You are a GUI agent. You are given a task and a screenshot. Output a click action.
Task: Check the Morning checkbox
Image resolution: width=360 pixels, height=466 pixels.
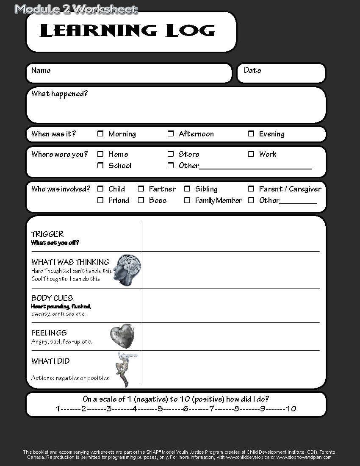100,134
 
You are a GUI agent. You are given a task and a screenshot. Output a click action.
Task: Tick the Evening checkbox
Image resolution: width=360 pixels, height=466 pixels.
251,134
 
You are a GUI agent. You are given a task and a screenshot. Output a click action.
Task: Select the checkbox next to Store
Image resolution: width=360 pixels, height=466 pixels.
171,154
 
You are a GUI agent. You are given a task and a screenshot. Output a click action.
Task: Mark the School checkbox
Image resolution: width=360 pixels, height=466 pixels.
100,166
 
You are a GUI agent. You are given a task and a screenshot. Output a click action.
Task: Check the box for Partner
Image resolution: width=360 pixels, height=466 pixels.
141,189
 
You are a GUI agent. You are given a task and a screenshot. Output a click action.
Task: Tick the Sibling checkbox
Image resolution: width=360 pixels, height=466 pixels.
187,189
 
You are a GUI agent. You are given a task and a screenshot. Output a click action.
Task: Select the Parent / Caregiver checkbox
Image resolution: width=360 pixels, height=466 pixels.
251,189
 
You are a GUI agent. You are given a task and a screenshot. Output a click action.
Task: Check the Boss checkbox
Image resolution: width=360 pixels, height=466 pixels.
141,200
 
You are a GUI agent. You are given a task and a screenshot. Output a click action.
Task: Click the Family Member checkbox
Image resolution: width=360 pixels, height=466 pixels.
187,200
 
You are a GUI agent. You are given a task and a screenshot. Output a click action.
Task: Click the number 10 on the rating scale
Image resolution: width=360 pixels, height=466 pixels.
291,409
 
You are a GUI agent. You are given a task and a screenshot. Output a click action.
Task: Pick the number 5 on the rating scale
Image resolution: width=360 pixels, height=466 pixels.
160,409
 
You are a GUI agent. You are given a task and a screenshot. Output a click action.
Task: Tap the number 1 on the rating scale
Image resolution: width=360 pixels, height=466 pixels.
58,409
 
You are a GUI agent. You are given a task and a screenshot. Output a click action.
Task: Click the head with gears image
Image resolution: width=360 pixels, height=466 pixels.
127,270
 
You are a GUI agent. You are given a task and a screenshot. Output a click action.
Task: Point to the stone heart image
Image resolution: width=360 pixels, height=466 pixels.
122,336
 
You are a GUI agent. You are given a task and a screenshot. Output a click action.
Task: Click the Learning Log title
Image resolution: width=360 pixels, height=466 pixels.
127,31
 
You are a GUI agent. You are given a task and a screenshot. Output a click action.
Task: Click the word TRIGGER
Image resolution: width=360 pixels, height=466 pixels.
47,234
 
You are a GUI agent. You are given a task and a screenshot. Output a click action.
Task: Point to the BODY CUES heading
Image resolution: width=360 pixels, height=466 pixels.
52,298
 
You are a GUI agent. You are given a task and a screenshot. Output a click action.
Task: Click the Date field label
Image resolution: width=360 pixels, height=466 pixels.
252,70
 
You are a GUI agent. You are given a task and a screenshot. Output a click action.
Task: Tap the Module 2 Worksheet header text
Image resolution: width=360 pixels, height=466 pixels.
76,9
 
